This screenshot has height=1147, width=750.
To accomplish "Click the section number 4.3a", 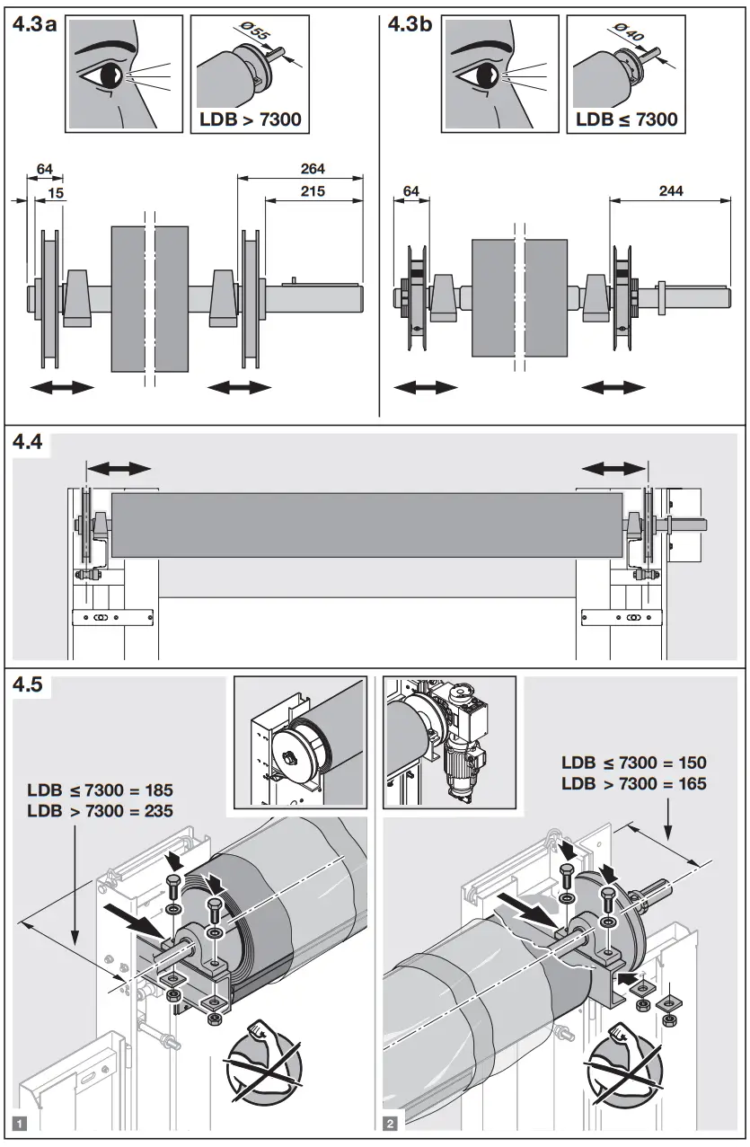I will pos(34,24).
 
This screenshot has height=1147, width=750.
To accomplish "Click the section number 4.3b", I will pos(410,24).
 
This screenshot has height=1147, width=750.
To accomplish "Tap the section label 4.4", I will pos(29,444).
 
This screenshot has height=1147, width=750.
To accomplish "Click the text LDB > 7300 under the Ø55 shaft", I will pos(250,119).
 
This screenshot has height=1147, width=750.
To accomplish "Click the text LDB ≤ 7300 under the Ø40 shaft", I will pos(626,119).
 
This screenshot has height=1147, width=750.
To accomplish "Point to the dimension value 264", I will pos(313,168).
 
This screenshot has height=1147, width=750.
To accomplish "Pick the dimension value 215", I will pos(313,190).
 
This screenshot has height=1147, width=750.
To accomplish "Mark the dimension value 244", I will pos(670,190).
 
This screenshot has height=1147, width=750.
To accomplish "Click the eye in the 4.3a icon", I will pos(110,76).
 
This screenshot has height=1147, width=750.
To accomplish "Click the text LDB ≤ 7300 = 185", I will pos(100,790).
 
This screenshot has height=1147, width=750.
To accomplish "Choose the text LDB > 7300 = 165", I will pos(633,783).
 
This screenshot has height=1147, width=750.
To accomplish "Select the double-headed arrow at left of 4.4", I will pos(119,468).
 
